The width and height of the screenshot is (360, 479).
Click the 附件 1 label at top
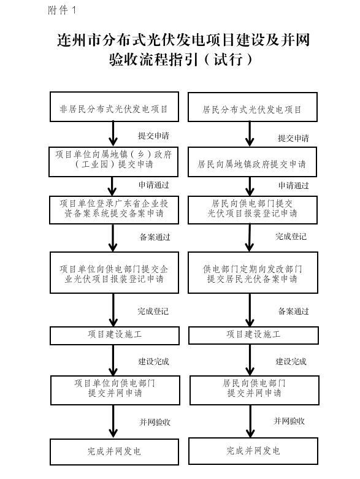point(62,10)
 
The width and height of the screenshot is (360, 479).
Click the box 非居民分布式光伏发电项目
point(114,107)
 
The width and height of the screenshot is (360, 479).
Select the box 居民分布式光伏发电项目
point(253,107)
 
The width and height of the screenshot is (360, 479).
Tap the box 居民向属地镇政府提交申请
point(252,162)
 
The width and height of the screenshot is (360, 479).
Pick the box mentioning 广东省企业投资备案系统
point(114,210)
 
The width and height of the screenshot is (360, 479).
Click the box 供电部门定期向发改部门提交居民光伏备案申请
point(253,273)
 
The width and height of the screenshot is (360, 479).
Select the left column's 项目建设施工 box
point(115,335)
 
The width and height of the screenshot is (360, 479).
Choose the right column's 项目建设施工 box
point(253,335)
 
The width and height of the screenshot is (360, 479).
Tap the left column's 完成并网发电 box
point(114,452)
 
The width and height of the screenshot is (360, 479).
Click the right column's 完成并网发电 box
point(253,451)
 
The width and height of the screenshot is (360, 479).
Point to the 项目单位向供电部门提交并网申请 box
point(115,391)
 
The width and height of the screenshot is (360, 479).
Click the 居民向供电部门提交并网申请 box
point(255,391)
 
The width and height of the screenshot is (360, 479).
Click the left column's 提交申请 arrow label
point(153,136)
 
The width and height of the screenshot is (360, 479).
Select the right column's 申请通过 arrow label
point(293,185)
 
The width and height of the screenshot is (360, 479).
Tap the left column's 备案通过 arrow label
point(155,237)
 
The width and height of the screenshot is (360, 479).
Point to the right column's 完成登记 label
point(291,237)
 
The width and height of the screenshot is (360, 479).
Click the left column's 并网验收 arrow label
point(155,422)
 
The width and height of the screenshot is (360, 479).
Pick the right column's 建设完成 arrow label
point(291,362)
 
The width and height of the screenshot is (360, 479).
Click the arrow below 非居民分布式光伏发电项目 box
point(113,134)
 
